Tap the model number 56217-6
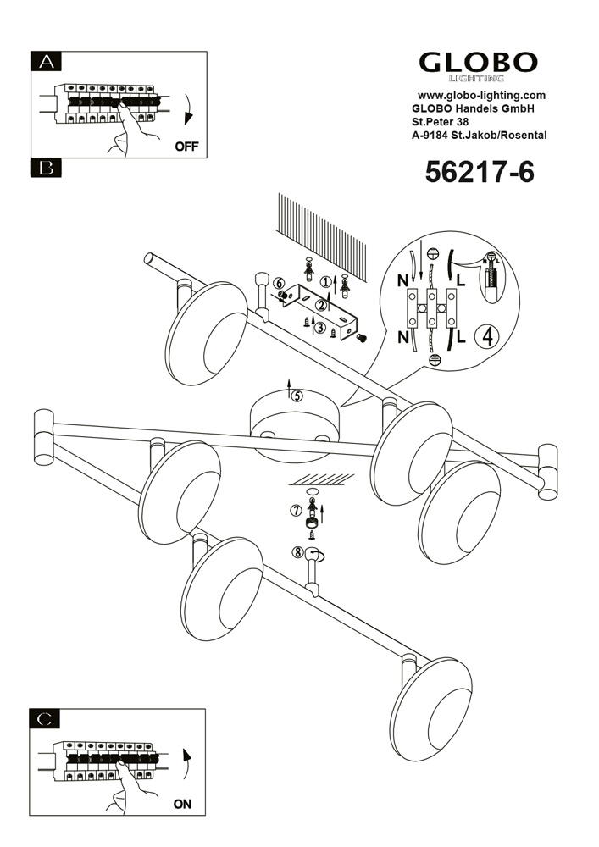tap(480, 172)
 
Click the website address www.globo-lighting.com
tap(482, 96)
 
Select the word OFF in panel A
tap(186, 147)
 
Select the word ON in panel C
tap(182, 805)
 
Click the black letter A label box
tap(46, 62)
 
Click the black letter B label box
tap(46, 168)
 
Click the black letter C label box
tap(45, 719)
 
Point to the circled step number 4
tap(487, 336)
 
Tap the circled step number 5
tap(297, 396)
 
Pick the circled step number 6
tap(279, 283)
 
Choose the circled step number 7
tap(296, 510)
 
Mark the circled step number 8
tap(297, 552)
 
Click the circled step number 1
tap(325, 281)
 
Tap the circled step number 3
tap(320, 327)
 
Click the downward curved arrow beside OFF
tap(188, 109)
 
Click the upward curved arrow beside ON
tap(187, 764)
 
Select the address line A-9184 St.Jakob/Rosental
tap(479, 136)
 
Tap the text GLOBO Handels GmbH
tap(473, 108)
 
